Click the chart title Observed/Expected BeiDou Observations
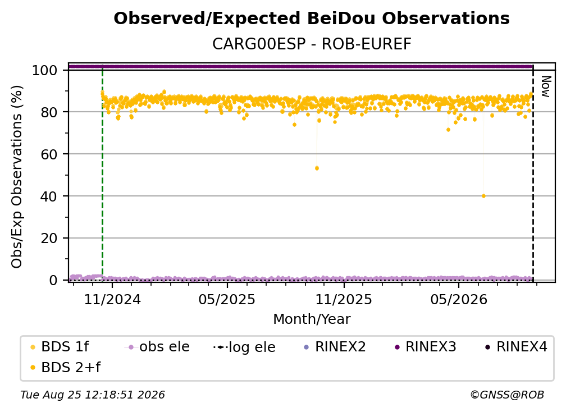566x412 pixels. [312, 19]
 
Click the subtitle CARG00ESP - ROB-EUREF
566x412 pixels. [312, 44]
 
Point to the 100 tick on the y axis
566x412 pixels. [45, 70]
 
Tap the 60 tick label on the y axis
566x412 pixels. [49, 154]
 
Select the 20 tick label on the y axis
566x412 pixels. [49, 239]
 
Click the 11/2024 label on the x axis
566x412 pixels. [112, 299]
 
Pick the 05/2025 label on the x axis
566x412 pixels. [227, 299]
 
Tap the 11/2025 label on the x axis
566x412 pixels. [344, 299]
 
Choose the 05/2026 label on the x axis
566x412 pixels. [458, 299]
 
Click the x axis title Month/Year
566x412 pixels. [312, 319]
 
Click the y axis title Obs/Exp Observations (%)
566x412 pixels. [17, 177]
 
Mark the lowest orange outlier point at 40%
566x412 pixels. [483, 196]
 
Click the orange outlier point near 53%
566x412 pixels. [317, 168]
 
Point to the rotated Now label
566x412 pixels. [546, 86]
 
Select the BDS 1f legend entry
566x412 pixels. [60, 347]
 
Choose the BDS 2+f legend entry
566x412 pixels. [65, 368]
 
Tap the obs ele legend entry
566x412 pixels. [157, 347]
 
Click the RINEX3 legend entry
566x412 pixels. [426, 347]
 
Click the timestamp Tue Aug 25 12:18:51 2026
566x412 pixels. [93, 395]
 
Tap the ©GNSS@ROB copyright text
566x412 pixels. [507, 395]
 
